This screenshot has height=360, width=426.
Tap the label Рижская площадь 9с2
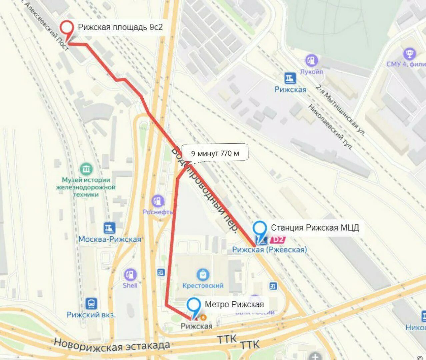click(120, 27)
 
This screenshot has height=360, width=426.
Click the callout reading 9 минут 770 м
click(215, 153)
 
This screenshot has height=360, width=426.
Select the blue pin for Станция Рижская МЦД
click(260, 229)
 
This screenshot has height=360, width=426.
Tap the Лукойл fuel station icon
click(312, 61)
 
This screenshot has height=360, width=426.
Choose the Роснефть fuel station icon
click(158, 201)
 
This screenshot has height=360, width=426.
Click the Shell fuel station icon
click(130, 275)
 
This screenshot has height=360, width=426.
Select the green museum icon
click(86, 169)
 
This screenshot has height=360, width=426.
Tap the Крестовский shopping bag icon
click(203, 275)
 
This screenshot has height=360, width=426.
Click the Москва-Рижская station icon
click(109, 228)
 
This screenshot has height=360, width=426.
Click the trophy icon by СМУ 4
click(409, 53)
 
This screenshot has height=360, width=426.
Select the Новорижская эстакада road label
click(112, 345)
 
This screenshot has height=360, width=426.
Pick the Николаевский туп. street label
click(330, 127)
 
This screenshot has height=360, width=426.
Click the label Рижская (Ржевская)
click(269, 249)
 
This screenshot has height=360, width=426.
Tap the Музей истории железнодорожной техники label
click(86, 187)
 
